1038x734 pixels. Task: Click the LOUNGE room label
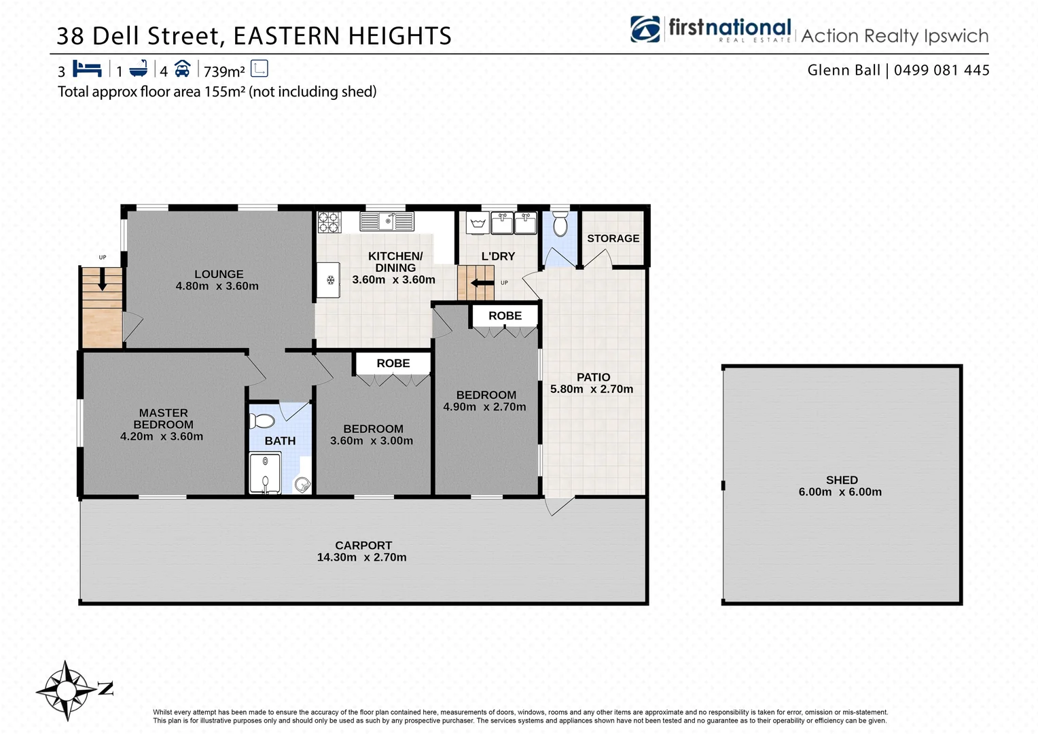(x=218, y=275)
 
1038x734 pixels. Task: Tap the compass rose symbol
(x=66, y=691)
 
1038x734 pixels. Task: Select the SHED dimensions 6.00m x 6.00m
(x=840, y=492)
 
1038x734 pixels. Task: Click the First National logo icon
(x=645, y=29)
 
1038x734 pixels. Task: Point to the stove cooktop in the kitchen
(x=329, y=222)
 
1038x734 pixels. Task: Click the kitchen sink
(x=387, y=221)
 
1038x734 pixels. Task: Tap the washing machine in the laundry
(x=477, y=222)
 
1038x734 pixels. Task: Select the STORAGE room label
(x=613, y=239)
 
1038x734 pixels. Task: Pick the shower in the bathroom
(x=265, y=473)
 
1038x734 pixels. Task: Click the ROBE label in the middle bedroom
(x=393, y=364)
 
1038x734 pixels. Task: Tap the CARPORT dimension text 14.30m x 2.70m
(x=361, y=557)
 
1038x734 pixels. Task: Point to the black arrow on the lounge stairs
(x=102, y=279)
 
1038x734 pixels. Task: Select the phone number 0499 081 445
(x=942, y=70)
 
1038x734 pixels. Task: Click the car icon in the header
(x=182, y=69)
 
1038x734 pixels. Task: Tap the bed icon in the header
(x=87, y=69)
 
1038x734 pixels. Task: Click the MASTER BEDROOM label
(x=163, y=419)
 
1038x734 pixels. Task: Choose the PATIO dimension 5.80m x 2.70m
(x=591, y=389)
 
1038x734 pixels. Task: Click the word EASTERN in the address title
(x=287, y=36)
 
